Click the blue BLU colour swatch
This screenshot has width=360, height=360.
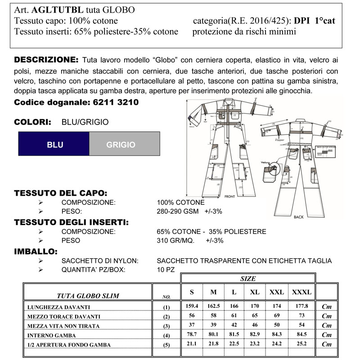click(x=54, y=144)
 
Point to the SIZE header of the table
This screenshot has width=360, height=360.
click(x=248, y=279)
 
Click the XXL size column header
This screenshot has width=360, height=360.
click(x=276, y=292)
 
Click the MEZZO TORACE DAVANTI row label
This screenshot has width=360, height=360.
click(x=64, y=316)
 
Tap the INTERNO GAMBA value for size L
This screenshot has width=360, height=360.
click(x=234, y=335)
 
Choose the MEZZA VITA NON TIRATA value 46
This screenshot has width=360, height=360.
click(x=255, y=325)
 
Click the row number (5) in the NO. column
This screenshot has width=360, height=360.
click(x=167, y=345)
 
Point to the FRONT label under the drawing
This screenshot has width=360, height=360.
click(x=229, y=196)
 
